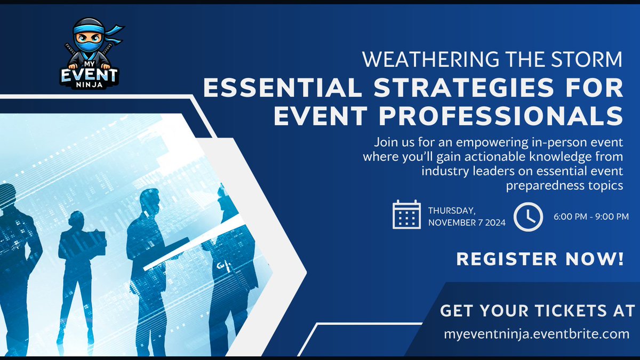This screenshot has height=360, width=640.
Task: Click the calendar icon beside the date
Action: (406, 214)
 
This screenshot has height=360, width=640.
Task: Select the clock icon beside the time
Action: (528, 215)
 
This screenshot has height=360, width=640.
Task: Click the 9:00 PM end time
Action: (609, 216)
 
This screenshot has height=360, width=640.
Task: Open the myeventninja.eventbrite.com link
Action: (537, 335)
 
